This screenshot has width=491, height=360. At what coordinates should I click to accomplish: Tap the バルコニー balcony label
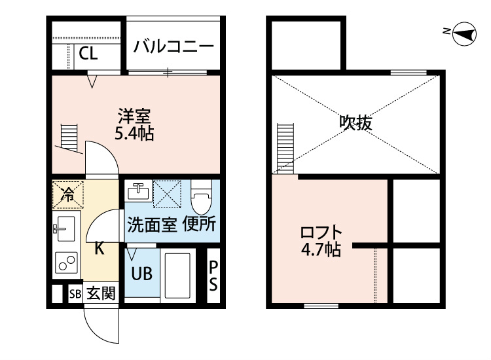pyautogui.click(x=173, y=46)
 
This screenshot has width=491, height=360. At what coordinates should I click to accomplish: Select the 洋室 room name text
pyautogui.click(x=134, y=117)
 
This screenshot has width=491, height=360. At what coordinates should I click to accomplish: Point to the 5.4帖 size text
pyautogui.click(x=134, y=135)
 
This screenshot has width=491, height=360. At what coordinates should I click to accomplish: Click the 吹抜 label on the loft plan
pyautogui.click(x=355, y=122)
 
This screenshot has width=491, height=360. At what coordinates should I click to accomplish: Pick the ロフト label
pyautogui.click(x=321, y=232)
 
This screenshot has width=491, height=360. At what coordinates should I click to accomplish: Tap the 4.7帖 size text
pyautogui.click(x=321, y=249)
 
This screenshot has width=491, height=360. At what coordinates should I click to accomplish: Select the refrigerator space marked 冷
pyautogui.click(x=67, y=193)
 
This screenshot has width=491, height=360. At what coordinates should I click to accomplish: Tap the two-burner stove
pyautogui.click(x=65, y=262)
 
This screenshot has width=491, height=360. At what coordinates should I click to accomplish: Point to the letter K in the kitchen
pyautogui.click(x=99, y=248)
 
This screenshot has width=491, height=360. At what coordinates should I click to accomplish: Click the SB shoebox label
pyautogui.click(x=75, y=294)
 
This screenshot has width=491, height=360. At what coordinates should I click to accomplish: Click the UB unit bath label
pyautogui.click(x=141, y=274)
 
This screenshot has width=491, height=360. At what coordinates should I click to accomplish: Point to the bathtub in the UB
pyautogui.click(x=176, y=274)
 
